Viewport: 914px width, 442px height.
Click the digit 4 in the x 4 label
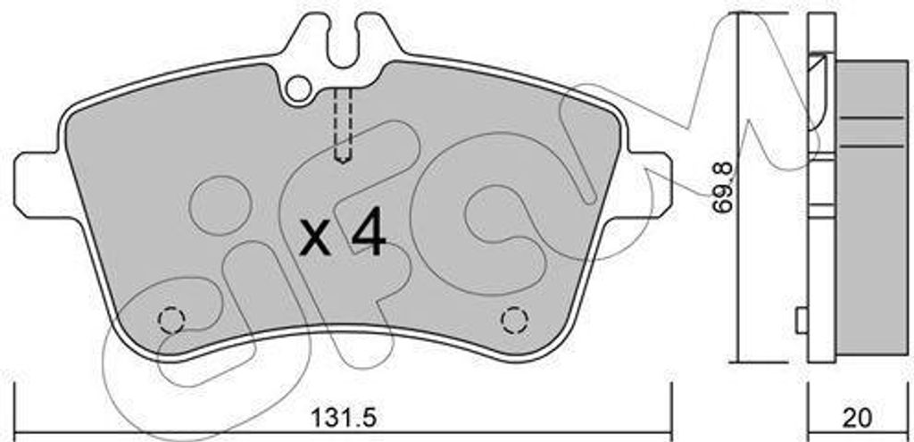[x=367, y=236]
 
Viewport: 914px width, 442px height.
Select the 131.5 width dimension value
[x=337, y=417]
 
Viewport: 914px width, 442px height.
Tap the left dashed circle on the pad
[x=170, y=320]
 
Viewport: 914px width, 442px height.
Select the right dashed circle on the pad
[x=513, y=319]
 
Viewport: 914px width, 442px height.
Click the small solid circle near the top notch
[x=300, y=87]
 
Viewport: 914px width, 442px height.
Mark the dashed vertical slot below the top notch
[x=343, y=125]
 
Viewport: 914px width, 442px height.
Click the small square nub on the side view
[x=801, y=319]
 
